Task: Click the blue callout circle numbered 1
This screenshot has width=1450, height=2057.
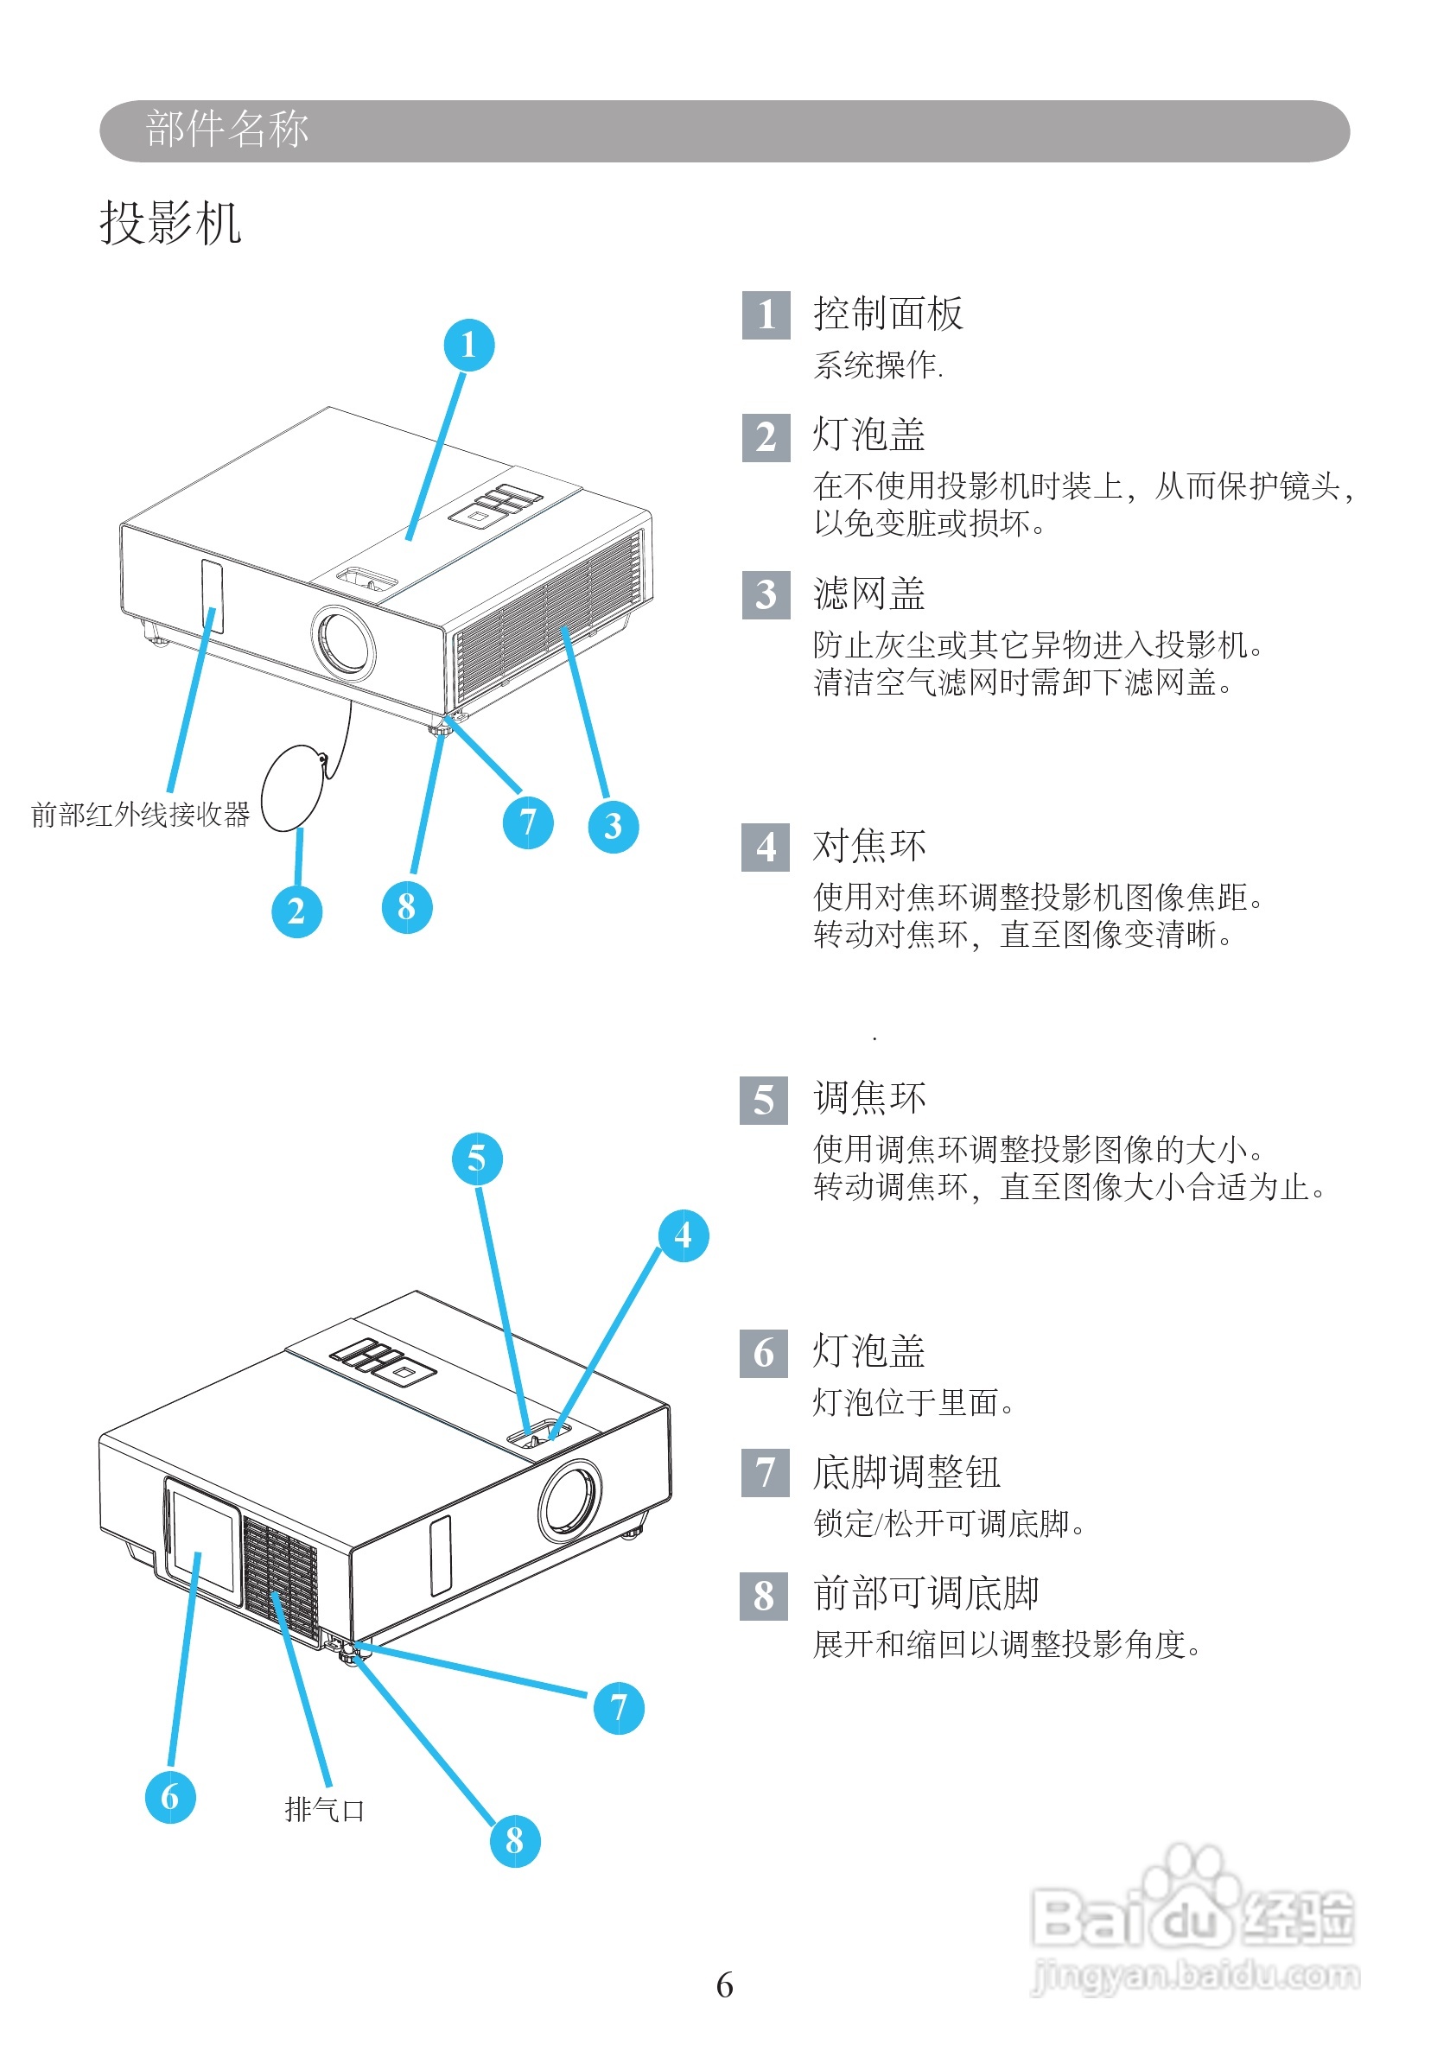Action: tap(468, 345)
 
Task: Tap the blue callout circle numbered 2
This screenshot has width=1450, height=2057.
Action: tap(296, 911)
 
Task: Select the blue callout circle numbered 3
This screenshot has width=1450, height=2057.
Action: tap(613, 826)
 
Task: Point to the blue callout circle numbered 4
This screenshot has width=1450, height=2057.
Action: tap(683, 1235)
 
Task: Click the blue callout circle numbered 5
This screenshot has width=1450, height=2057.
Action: tap(477, 1159)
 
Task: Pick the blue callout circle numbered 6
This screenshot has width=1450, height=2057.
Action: tap(170, 1796)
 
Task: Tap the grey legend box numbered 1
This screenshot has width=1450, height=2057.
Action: tap(766, 315)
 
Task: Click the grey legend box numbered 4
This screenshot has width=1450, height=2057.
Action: tap(766, 847)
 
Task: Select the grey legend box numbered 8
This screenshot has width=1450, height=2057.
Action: tap(764, 1596)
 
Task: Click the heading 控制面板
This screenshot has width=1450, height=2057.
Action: tap(887, 314)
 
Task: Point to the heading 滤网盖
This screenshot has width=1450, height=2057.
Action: tap(868, 594)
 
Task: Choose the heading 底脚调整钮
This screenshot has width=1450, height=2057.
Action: tap(906, 1472)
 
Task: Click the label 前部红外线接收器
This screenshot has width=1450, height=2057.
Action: tap(140, 815)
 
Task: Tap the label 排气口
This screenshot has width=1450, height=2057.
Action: tap(323, 1810)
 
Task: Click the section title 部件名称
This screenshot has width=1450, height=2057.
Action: tap(226, 129)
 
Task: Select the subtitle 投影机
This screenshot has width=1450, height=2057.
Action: tap(170, 222)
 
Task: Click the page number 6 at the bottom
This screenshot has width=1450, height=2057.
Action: tap(724, 1985)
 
